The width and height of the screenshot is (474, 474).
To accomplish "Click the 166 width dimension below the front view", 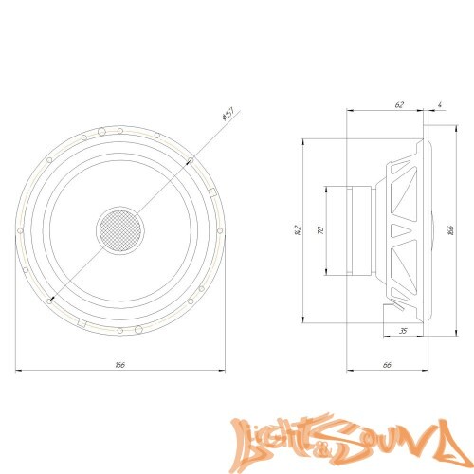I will (119, 364).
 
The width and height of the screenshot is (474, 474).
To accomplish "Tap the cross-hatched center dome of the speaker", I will (118, 228).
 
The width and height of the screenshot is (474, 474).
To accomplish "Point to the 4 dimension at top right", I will (441, 105).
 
